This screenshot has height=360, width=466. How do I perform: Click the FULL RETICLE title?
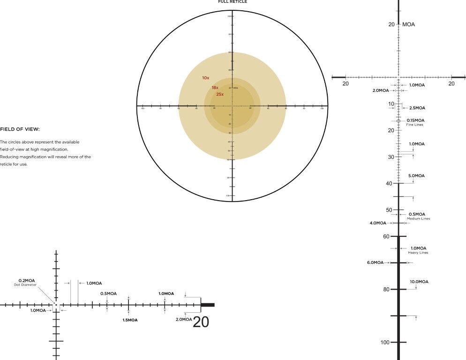233,2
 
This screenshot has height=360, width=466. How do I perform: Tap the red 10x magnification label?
205,78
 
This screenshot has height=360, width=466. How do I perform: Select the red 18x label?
215,88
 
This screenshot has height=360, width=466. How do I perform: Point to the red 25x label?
220,94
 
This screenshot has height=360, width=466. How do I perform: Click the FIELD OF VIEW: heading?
20,129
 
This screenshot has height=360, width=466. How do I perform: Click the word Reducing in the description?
8,157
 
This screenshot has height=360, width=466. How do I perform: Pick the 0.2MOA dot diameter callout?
27,281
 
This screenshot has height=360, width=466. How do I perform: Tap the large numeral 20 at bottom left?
201,322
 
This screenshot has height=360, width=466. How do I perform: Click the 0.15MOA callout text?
415,120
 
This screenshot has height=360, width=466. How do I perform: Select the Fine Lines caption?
415,124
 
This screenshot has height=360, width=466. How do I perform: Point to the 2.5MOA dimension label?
417,108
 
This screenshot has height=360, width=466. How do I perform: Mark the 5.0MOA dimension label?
416,176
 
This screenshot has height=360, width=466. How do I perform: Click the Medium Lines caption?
418,218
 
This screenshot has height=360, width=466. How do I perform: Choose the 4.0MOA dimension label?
378,223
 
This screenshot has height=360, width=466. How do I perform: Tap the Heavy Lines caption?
418,253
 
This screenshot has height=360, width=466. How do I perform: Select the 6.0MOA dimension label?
375,262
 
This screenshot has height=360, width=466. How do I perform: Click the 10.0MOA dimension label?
419,282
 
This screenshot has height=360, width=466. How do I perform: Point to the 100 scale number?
384,343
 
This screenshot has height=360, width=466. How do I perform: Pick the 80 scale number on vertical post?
386,290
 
